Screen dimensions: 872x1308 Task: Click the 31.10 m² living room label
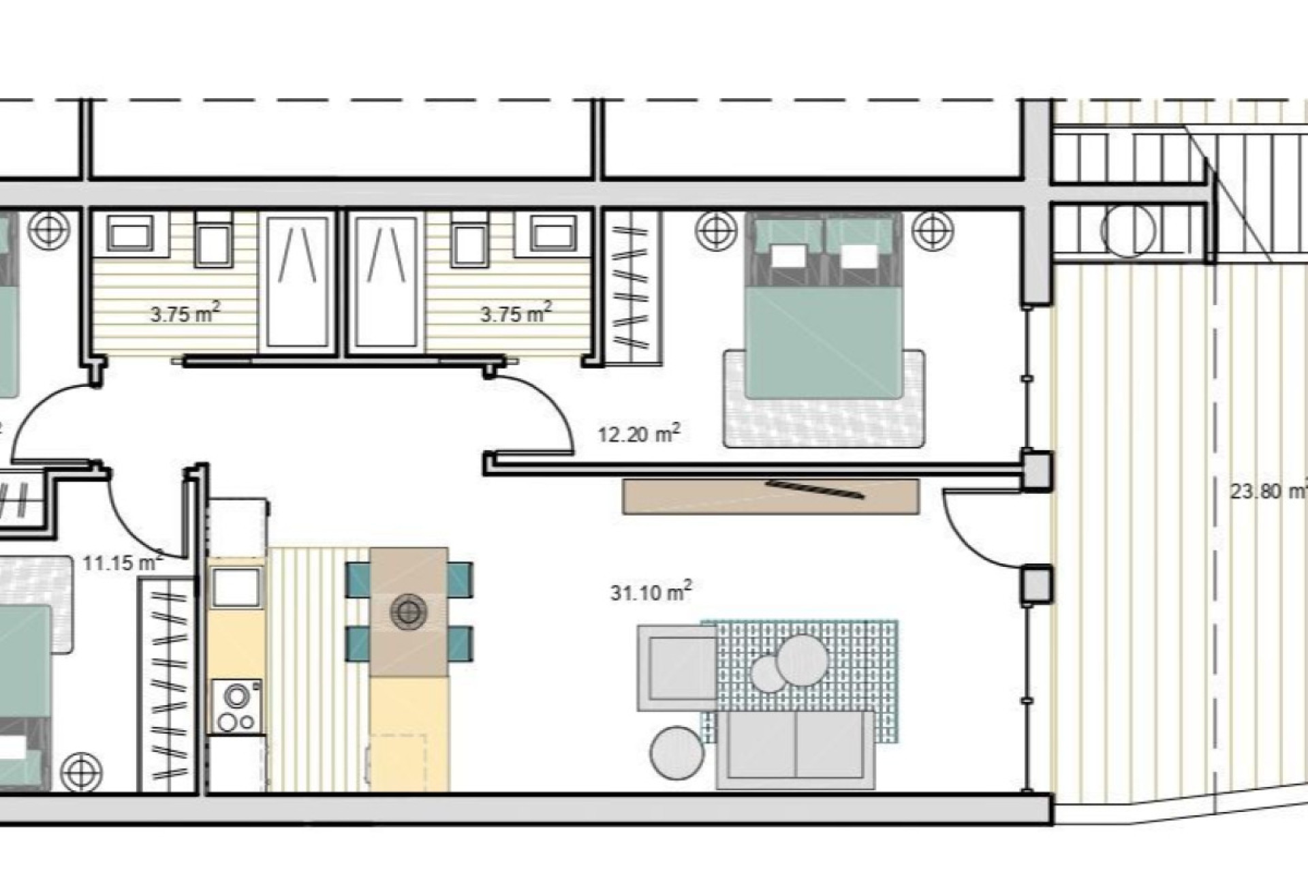(x=651, y=592)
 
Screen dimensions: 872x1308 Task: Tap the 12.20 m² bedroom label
(x=638, y=434)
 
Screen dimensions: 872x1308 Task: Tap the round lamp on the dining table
(x=408, y=610)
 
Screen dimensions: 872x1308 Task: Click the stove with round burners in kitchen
(x=236, y=706)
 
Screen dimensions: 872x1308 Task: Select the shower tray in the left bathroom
(x=298, y=282)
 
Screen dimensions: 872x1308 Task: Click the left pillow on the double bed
(x=788, y=258)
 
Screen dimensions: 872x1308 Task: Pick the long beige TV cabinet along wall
(x=770, y=497)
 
